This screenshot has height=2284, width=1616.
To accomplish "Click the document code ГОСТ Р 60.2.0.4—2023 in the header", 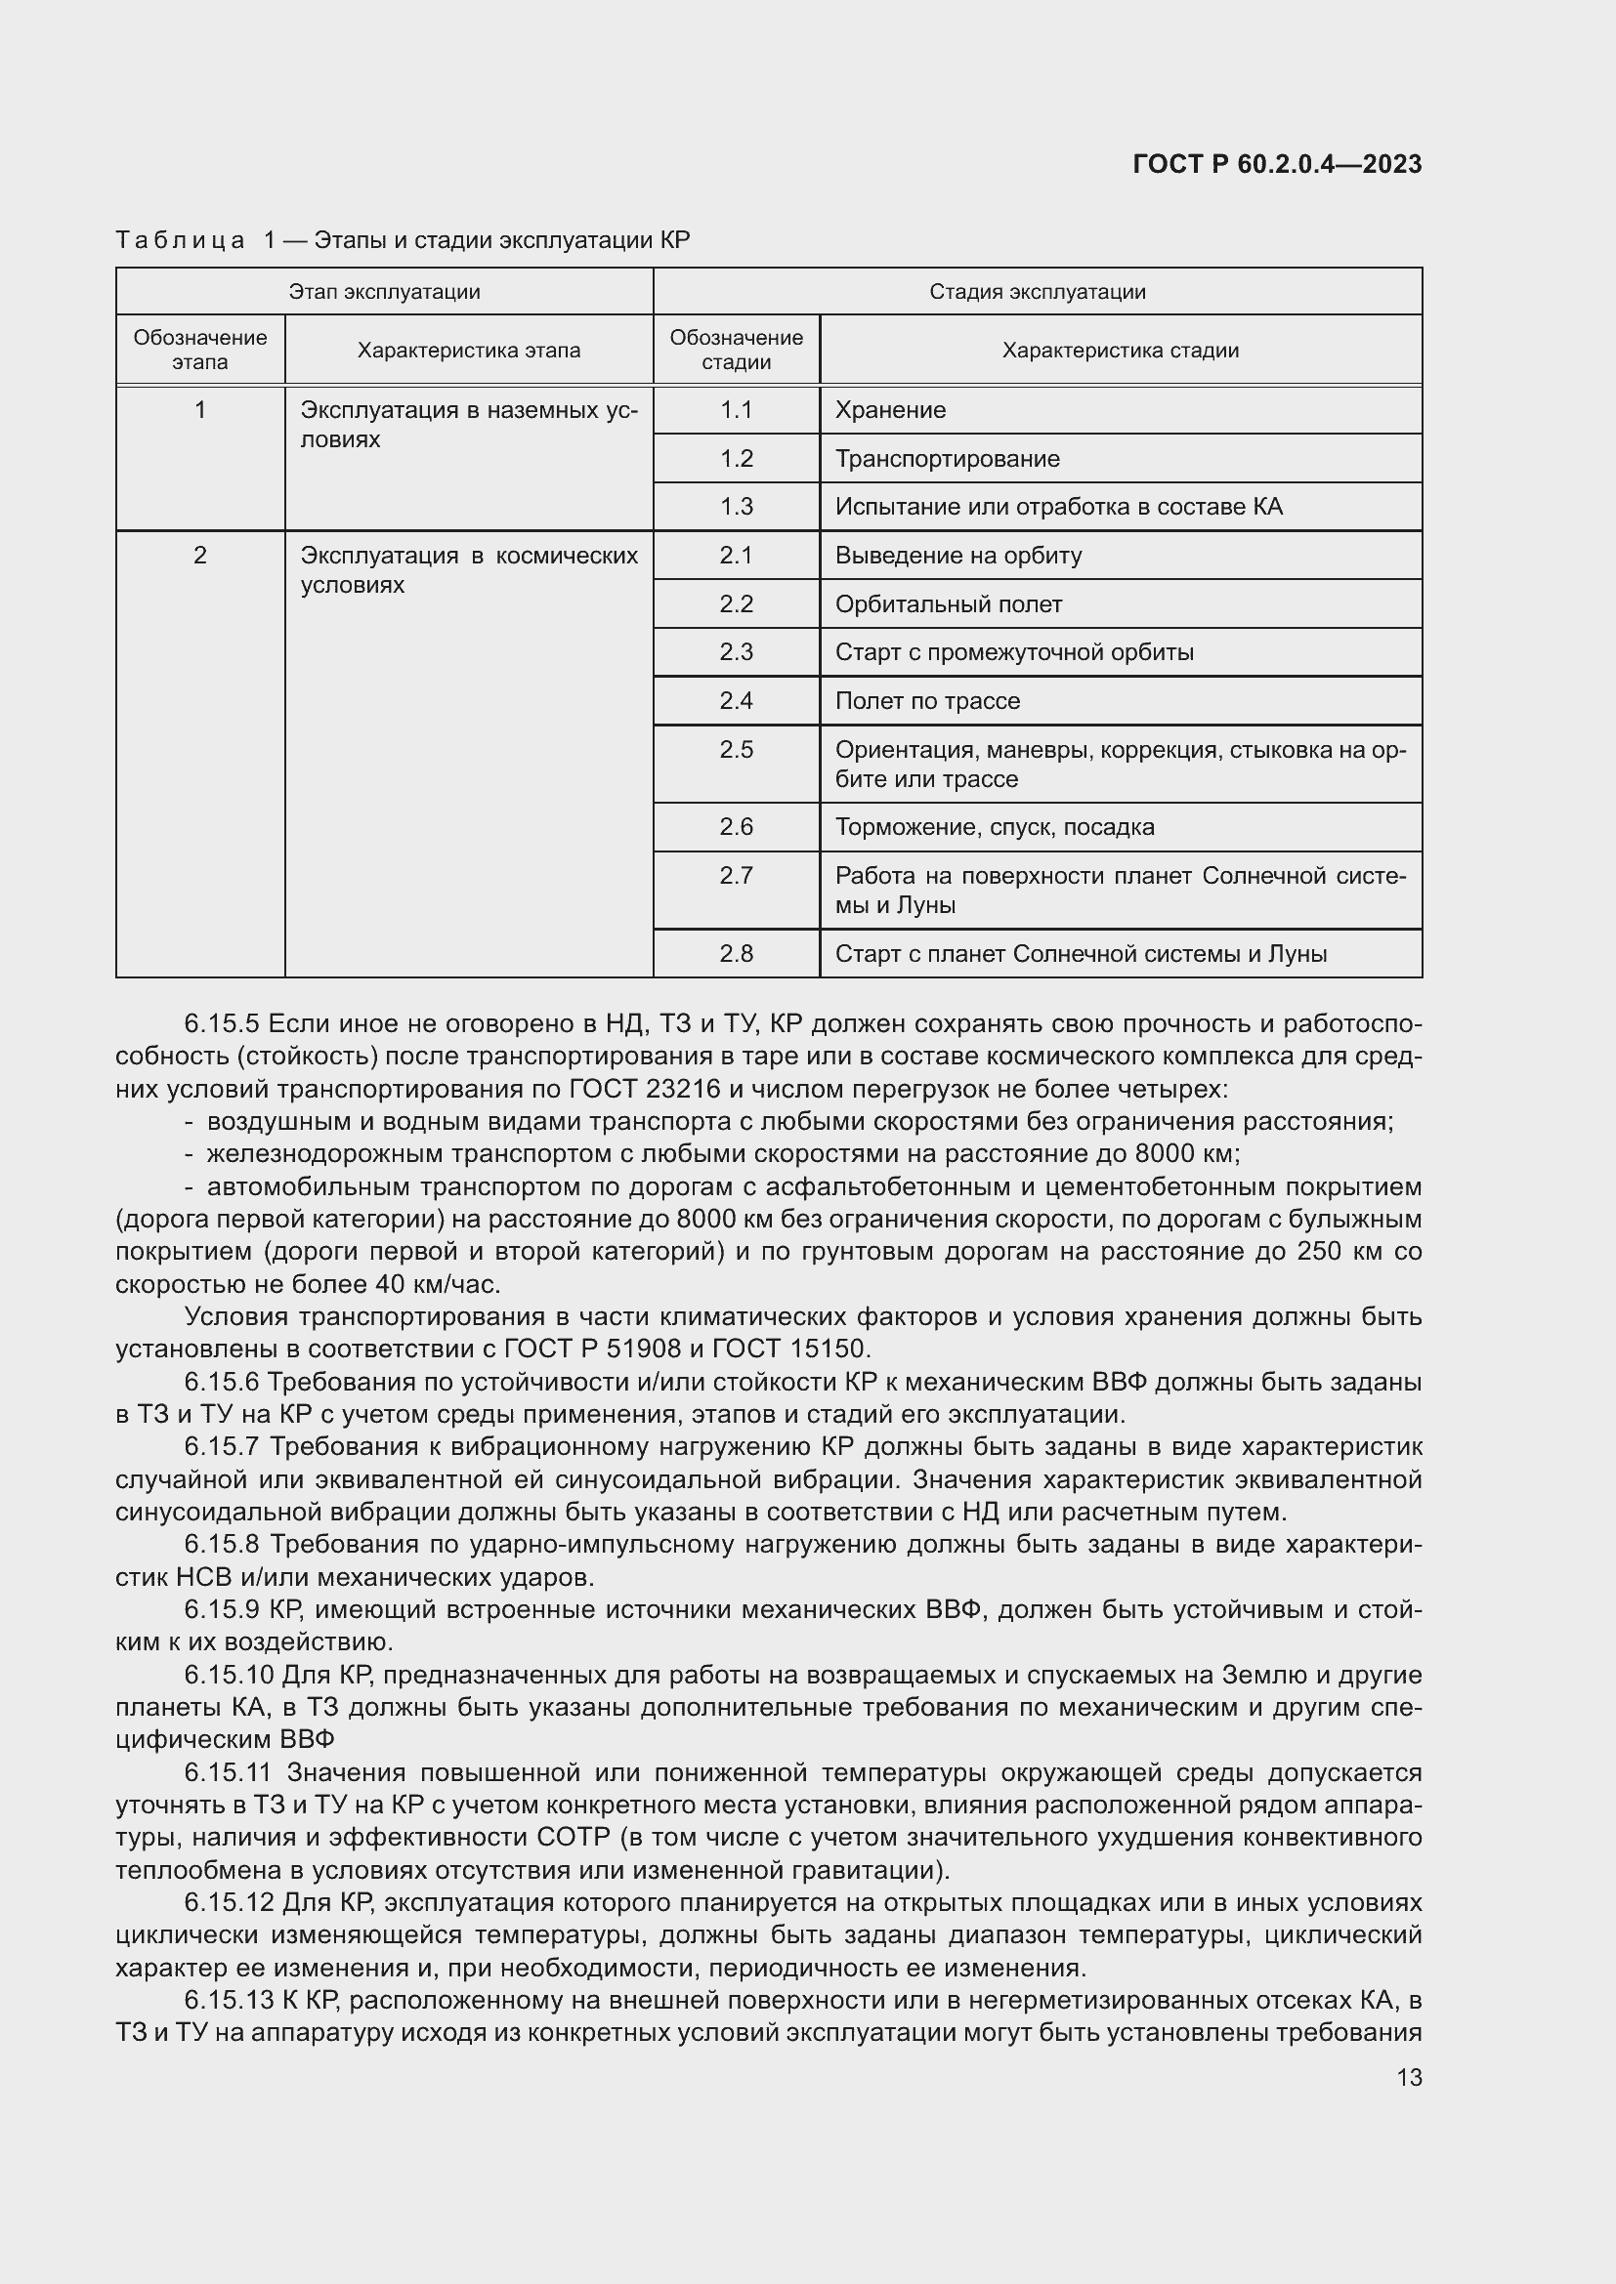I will (x=1277, y=164).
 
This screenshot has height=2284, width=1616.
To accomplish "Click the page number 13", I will (x=1409, y=2077).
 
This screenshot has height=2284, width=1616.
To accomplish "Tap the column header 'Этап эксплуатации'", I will (x=384, y=291).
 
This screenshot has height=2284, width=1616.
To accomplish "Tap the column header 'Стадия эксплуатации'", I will (x=1037, y=291).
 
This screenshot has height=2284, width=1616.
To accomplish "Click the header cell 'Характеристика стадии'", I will (x=1120, y=351).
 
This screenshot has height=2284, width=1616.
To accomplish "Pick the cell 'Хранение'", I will (x=891, y=410).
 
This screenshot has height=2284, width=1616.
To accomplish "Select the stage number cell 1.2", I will (x=737, y=459).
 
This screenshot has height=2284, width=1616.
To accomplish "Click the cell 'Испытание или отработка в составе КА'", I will (x=1059, y=507).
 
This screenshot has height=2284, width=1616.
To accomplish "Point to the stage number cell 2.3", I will (x=737, y=651).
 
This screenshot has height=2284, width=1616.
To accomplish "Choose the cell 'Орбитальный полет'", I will (x=949, y=603).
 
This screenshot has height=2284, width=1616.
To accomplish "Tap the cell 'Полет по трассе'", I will (x=927, y=700).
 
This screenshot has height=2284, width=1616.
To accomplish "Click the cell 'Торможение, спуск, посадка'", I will (x=994, y=827).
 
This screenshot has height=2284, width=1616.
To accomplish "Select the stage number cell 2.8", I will (x=737, y=953).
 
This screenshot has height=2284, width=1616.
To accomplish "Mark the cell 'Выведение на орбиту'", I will (x=958, y=555).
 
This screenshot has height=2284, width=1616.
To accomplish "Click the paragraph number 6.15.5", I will (x=222, y=1023).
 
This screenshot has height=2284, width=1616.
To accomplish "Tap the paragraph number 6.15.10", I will (x=228, y=1676).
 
